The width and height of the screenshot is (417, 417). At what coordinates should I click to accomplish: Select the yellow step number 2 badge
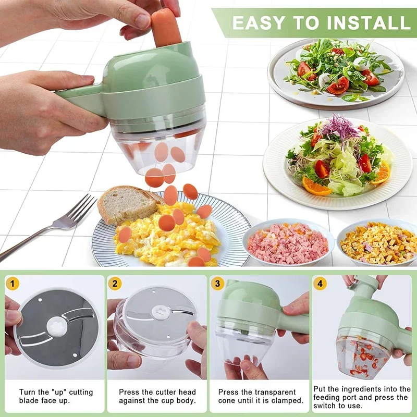pyautogui.click(x=115, y=284)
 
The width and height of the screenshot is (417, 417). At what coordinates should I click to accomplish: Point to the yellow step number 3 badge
pyautogui.click(x=217, y=284)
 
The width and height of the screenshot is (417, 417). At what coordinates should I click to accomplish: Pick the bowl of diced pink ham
pyautogui.click(x=288, y=243)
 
